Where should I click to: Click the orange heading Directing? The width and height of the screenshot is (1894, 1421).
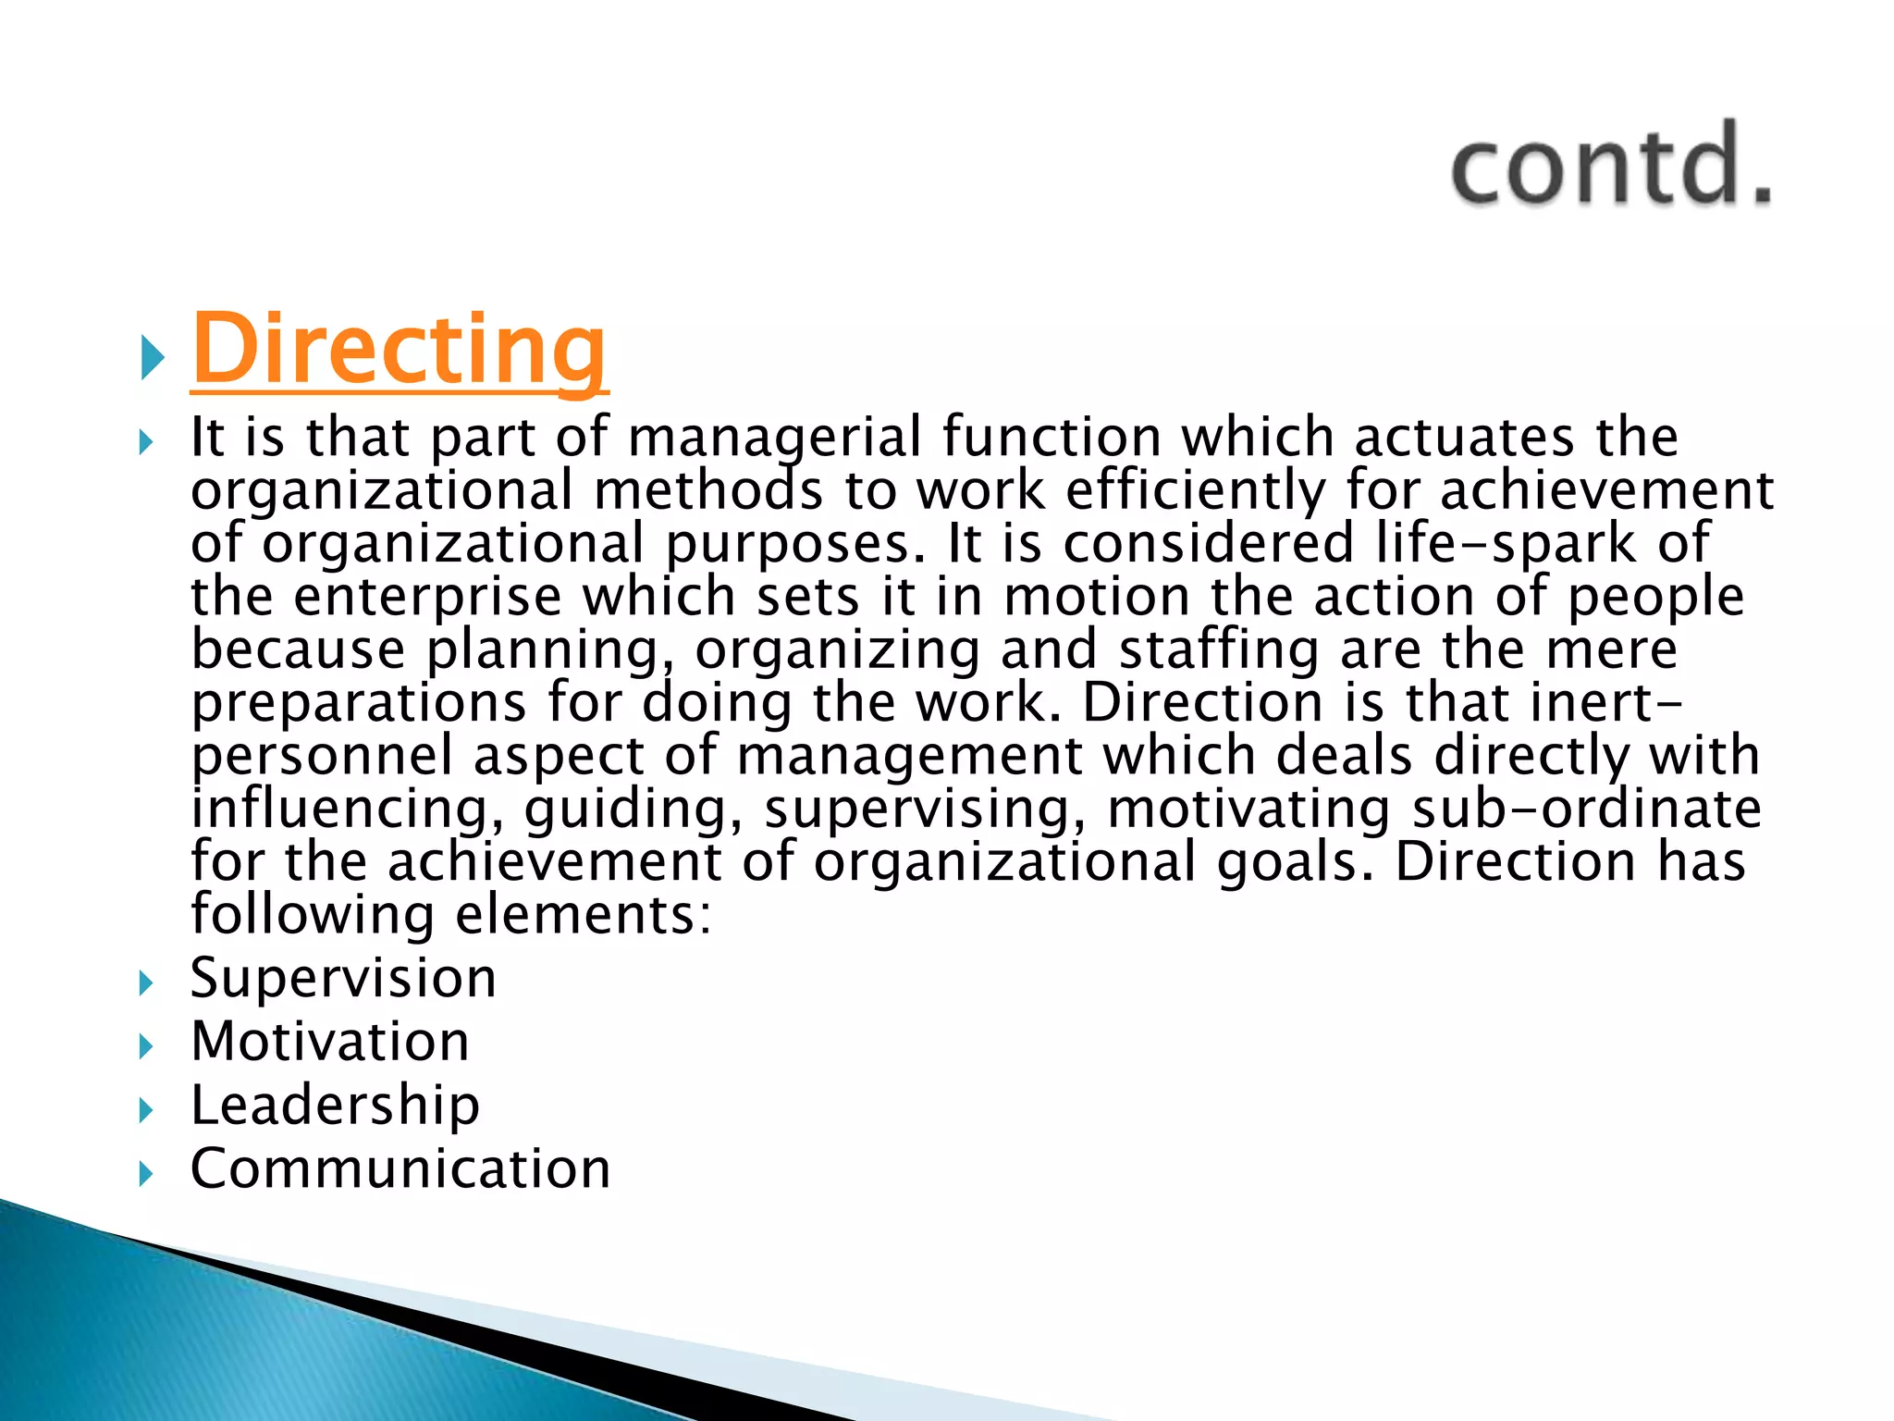pyautogui.click(x=399, y=351)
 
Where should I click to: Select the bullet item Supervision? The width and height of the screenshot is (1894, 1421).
pyautogui.click(x=343, y=978)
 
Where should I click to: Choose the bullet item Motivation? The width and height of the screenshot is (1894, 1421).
pyautogui.click(x=330, y=1042)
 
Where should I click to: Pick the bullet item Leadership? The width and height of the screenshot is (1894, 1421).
pyautogui.click(x=335, y=1105)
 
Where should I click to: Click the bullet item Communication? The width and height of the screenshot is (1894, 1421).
pyautogui.click(x=400, y=1168)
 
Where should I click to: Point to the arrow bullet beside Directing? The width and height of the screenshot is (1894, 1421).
pyautogui.click(x=153, y=357)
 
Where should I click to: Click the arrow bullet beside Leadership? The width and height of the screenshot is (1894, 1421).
pyautogui.click(x=146, y=1109)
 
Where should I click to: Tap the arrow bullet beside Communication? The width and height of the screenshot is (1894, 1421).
pyautogui.click(x=146, y=1173)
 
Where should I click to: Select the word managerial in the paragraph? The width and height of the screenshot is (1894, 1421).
pyautogui.click(x=775, y=438)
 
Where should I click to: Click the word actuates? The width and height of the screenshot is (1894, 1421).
pyautogui.click(x=1463, y=438)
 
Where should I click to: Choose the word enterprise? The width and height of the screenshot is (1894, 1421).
pyautogui.click(x=427, y=597)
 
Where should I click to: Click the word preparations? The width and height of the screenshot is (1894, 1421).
pyautogui.click(x=359, y=703)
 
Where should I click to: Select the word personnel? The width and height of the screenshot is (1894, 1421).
pyautogui.click(x=322, y=756)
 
